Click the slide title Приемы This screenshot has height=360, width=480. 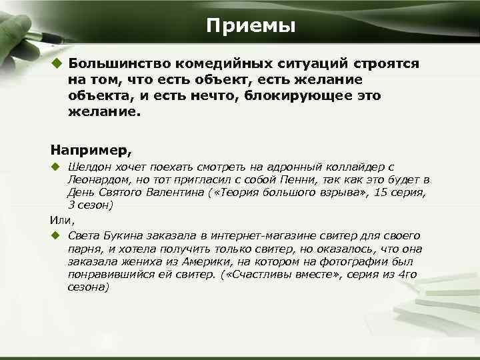[x=250, y=26]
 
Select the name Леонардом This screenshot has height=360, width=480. [x=95, y=180]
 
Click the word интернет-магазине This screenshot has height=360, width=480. [x=259, y=235]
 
